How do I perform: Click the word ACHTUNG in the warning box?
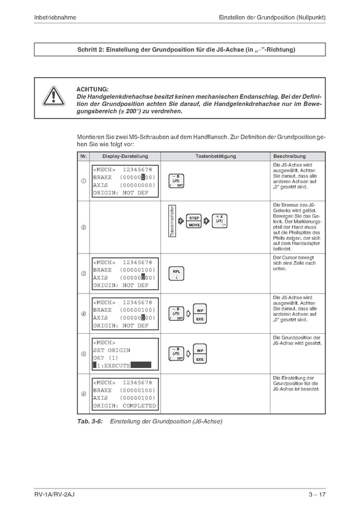pos(92,89)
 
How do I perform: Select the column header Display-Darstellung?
pos(125,156)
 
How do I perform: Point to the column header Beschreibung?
pos(289,156)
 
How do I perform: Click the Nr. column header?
pos(83,156)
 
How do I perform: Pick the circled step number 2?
pos(83,228)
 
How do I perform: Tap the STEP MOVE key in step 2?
pos(194,221)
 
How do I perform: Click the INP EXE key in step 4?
pos(200,315)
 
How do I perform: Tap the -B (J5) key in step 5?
pos(176,354)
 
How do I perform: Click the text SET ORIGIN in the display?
pos(112,350)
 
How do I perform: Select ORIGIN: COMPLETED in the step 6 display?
pos(124,406)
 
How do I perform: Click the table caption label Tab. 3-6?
pos(90,421)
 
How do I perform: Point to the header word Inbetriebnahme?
pos(56,18)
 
